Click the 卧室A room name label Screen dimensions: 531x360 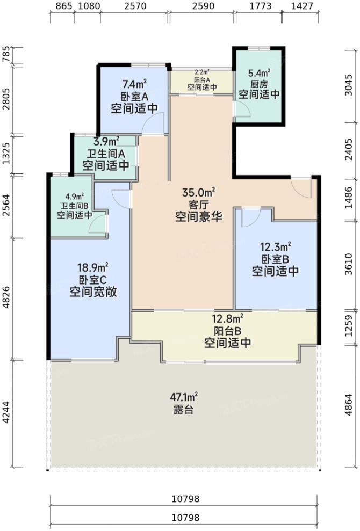coord(134,96)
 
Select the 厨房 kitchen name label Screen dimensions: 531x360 coord(259,84)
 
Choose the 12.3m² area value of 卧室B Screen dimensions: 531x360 coord(275,246)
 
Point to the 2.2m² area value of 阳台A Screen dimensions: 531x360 coord(202,72)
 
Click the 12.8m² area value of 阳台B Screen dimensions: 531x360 coord(227,318)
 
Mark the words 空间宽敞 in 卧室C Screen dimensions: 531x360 coord(93,293)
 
